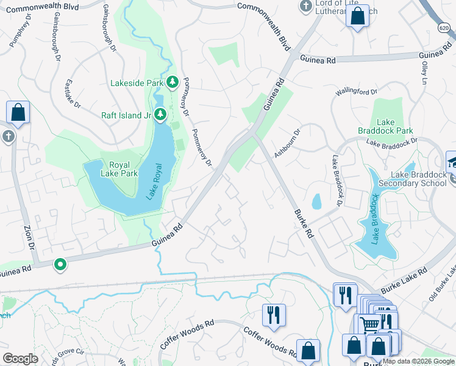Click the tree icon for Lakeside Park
point(173,82)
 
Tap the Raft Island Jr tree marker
point(160,114)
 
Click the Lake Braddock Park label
point(394,126)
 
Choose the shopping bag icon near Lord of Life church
point(358,16)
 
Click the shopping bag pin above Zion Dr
point(18,113)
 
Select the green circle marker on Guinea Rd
point(60,265)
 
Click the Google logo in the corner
point(20,358)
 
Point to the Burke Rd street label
point(303,224)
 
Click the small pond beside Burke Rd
point(316,201)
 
